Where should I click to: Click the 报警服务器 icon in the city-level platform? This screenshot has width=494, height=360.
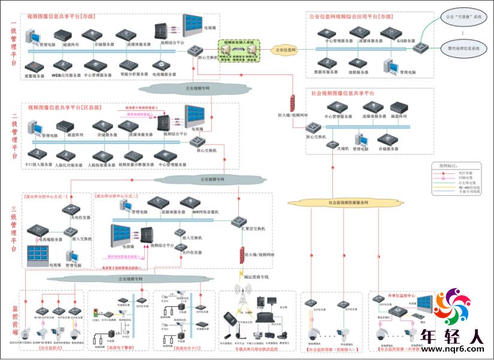coord(34,66)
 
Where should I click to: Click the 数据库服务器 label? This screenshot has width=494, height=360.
coord(328,71)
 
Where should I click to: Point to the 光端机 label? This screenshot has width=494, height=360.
coord(343,149)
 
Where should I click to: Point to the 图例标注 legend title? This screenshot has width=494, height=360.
coord(450,164)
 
